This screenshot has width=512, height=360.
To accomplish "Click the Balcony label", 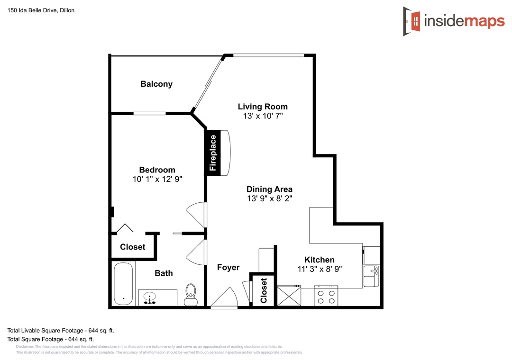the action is coord(156,84).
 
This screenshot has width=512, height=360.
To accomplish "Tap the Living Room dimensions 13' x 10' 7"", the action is coord(263,116).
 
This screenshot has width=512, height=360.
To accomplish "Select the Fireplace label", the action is coord(213,153).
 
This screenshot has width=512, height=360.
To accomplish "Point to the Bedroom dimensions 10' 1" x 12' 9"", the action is coord(157,179).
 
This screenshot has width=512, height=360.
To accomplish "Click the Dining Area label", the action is coord(269,189).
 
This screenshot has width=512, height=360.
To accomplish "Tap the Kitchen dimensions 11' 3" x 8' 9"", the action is coord(320,269).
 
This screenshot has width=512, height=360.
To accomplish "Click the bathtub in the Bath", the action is coord(123,284).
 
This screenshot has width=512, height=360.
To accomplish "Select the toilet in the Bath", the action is coord(191,295).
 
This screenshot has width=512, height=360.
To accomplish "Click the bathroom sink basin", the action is coord(149,297).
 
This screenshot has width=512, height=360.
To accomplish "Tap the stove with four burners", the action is coord(326,296).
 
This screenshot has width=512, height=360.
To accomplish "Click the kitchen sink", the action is coord(372,276).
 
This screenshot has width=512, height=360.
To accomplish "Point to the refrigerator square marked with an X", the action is coord(289,296).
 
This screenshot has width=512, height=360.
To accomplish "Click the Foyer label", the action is coord(228,267).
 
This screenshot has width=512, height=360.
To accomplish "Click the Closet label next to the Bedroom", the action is coord(133,247).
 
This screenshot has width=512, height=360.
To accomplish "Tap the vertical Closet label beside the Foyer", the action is coord(264,290).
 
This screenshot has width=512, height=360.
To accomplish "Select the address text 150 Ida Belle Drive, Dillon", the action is coord(41,10).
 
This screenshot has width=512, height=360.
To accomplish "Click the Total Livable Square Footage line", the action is coord(61,331).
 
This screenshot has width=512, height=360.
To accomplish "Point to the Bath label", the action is coord(164,273).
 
